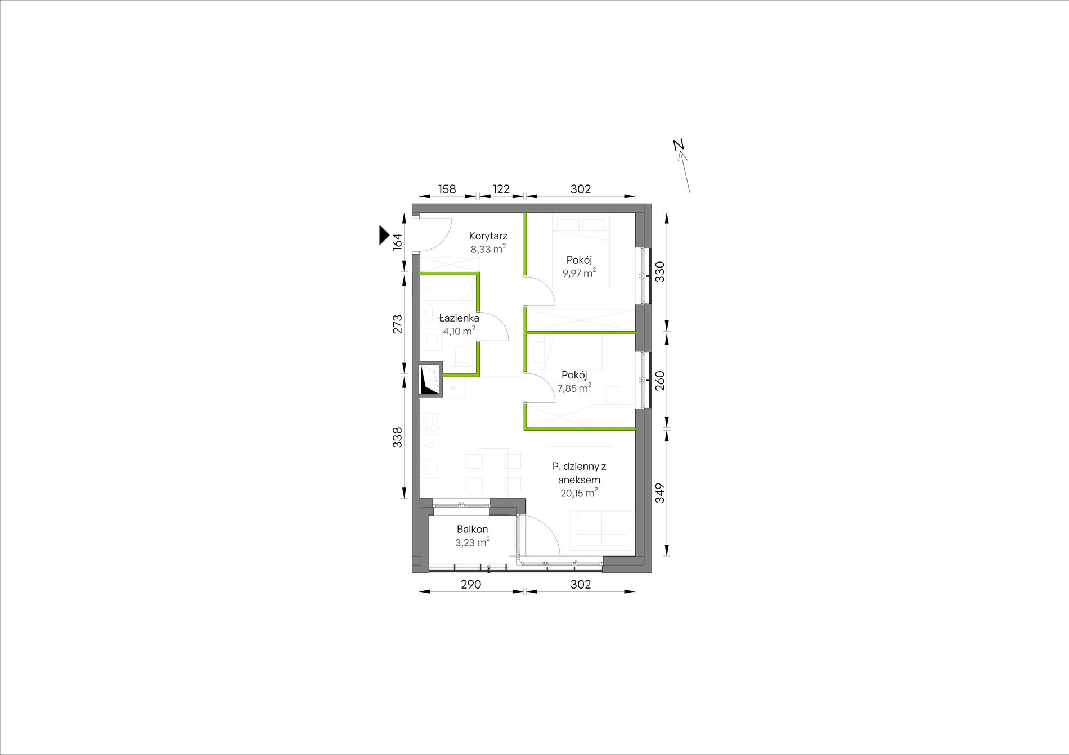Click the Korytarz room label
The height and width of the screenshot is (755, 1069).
pos(488,237)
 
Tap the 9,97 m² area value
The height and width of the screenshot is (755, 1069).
pos(579,273)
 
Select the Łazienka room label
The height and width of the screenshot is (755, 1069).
pos(459,318)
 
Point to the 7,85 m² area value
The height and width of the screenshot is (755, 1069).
pos(574,388)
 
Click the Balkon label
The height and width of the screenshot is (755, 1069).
pos(473,530)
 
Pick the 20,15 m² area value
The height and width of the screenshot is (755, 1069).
pos(579,493)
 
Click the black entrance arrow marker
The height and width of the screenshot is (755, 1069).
pos(384,235)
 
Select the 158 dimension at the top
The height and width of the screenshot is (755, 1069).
pos(447,189)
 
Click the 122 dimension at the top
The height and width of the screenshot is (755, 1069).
pos(501,189)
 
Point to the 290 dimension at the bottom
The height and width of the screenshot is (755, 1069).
pos(471,585)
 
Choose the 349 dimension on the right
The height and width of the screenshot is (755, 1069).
pos(660,493)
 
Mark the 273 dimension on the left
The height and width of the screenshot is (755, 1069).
pos(397,324)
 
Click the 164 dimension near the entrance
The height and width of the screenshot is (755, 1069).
pos(397,242)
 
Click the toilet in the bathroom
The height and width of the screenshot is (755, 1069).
pos(463,356)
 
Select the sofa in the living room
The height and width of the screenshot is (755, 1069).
pos(602,530)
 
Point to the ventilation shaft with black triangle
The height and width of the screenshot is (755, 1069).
pos(431,379)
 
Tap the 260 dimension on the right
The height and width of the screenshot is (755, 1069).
pos(660,381)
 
